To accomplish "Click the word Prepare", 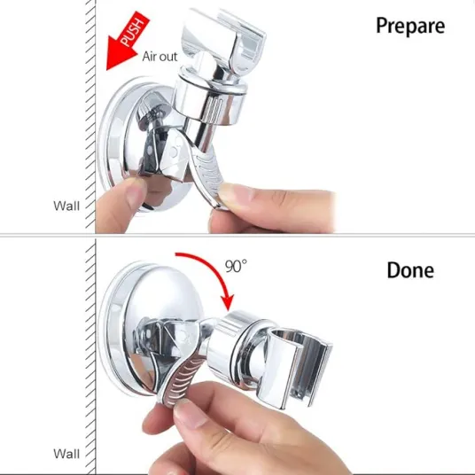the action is [410, 27].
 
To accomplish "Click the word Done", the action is [410, 270].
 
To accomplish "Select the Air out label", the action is [160, 57].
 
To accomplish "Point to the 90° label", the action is [236, 266].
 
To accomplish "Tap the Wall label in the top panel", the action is [66, 206].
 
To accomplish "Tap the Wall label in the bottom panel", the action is [66, 454].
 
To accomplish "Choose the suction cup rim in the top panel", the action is [105, 145].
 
